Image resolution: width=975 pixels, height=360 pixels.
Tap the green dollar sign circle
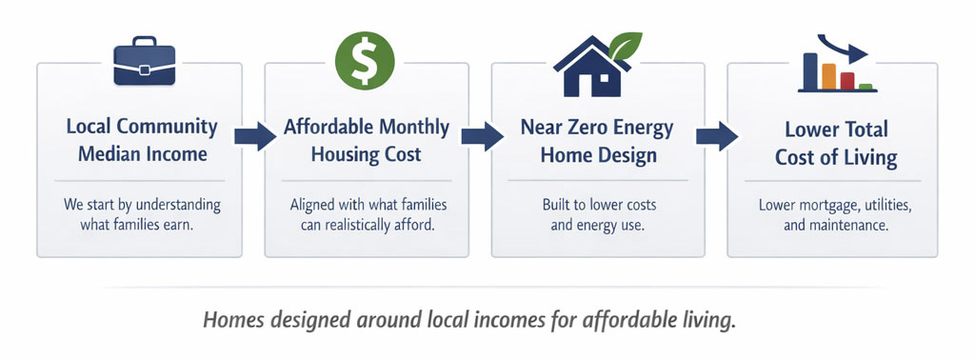pyautogui.click(x=365, y=61)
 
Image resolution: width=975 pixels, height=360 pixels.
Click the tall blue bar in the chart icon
pyautogui.click(x=809, y=70)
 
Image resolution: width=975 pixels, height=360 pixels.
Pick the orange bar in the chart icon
pyautogui.click(x=828, y=76)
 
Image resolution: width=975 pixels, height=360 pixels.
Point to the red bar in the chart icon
pyautogui.click(x=846, y=81)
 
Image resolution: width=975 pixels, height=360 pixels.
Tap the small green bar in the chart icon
pyautogui.click(x=865, y=86)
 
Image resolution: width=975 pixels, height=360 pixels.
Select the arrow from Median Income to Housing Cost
pyautogui.click(x=255, y=135)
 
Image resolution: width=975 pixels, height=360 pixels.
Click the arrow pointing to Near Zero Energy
pyautogui.click(x=483, y=135)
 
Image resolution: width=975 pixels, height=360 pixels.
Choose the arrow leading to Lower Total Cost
pyautogui.click(x=717, y=135)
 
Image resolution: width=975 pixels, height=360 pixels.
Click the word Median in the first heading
pyautogui.click(x=109, y=153)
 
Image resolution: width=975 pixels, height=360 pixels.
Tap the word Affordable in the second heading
pyautogui.click(x=323, y=128)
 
